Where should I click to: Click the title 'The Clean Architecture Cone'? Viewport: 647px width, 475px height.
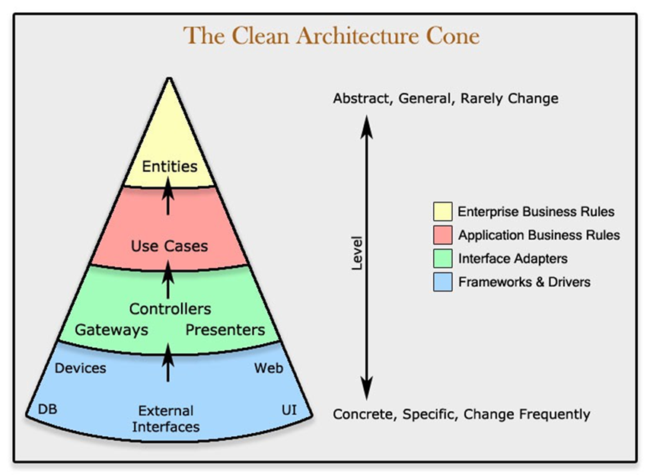332,36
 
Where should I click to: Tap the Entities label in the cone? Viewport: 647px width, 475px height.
170,166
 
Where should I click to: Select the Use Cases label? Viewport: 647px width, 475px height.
169,246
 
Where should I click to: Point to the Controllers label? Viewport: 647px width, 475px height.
170,309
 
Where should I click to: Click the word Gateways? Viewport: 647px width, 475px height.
111,330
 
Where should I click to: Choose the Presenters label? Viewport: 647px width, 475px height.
225,330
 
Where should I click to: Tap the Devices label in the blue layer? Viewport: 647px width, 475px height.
81,368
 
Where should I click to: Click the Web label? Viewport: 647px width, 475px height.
269,368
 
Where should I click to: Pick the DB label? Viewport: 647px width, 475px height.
47,410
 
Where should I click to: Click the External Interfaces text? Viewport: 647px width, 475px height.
166,419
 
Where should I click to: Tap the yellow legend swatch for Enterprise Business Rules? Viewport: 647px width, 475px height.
441,211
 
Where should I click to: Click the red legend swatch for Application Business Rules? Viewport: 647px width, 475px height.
441,234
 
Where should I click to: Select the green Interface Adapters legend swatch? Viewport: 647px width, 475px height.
441,258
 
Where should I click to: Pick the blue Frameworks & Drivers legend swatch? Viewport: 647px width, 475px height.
441,282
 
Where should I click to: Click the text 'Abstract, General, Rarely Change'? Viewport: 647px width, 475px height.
445,98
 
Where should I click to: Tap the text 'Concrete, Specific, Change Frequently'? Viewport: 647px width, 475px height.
461,414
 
